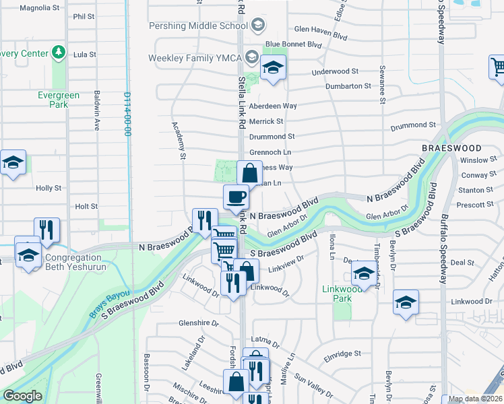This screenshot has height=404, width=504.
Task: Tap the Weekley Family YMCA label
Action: click(x=195, y=58)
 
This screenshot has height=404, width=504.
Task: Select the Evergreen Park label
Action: click(x=59, y=100)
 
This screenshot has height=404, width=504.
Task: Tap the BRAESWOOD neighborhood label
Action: click(x=451, y=147)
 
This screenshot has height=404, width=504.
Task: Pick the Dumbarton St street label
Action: click(x=348, y=86)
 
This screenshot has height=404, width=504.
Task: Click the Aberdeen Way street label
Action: click(x=273, y=106)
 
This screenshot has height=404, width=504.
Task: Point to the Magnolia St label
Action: click(x=40, y=8)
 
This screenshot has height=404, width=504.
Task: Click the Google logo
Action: click(x=22, y=396)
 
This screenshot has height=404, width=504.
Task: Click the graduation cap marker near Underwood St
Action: click(x=273, y=68)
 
